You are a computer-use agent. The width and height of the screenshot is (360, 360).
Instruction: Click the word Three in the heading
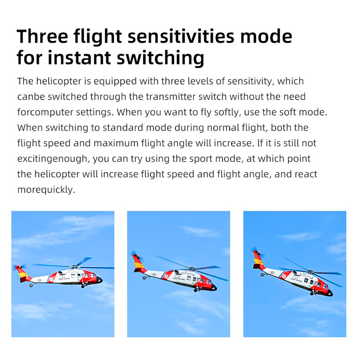[x=42, y=36]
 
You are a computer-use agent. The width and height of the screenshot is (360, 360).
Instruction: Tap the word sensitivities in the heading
[x=181, y=36]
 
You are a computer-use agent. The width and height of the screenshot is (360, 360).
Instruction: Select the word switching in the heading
[x=161, y=58]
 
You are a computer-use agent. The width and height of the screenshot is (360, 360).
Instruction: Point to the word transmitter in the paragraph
[x=171, y=96]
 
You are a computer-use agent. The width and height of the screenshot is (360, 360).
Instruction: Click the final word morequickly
[x=46, y=190]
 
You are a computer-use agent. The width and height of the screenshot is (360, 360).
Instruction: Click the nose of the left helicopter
[x=100, y=280]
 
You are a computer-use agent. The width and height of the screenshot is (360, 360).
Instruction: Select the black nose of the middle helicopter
[x=213, y=287]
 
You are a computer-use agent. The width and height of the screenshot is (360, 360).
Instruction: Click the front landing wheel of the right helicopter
[x=312, y=294]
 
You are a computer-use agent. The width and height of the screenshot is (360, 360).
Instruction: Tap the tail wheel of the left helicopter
[x=31, y=285]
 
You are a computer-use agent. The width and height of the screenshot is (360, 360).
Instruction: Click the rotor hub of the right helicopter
[x=311, y=272]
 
